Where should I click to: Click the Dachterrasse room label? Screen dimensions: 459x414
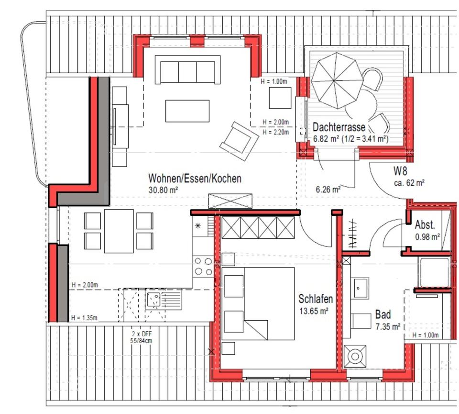click(x=339, y=127)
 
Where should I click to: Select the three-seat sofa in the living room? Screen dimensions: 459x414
click(x=187, y=70)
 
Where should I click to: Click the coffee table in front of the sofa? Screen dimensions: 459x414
click(x=187, y=111)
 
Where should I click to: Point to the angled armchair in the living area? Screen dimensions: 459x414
click(x=239, y=141)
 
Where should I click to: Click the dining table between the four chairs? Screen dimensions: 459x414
click(x=119, y=231)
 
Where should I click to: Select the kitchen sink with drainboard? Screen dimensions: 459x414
click(x=164, y=299)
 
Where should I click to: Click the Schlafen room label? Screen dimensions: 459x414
click(x=316, y=299)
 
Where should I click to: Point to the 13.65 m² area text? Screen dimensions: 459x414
click(x=314, y=311)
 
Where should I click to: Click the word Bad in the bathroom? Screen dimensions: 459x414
click(x=383, y=314)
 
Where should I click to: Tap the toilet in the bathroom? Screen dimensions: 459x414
click(x=355, y=356)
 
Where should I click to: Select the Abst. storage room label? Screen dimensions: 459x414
click(x=425, y=225)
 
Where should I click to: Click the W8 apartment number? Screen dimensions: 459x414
click(x=400, y=170)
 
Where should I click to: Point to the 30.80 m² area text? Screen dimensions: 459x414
click(x=164, y=190)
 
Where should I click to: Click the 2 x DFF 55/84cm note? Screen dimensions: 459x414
click(x=141, y=337)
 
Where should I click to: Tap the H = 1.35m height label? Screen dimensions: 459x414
click(x=84, y=318)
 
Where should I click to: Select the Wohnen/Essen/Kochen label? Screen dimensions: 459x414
click(x=195, y=179)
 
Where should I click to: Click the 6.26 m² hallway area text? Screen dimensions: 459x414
click(x=328, y=190)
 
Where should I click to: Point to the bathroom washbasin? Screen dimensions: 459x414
click(x=360, y=288)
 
